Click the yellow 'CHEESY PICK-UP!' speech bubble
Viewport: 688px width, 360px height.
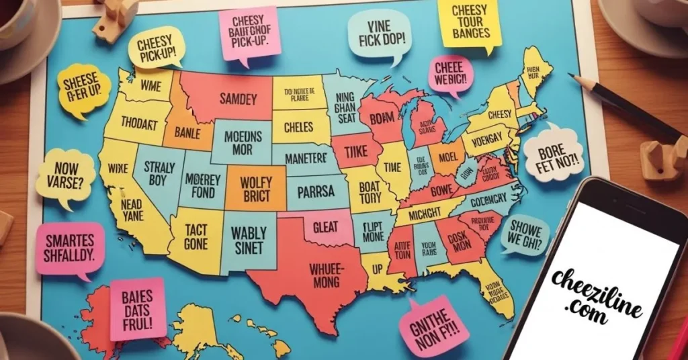pos(156,49)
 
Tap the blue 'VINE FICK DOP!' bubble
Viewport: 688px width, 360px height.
pos(379,33)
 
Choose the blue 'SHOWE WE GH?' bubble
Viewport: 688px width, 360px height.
pos(525,234)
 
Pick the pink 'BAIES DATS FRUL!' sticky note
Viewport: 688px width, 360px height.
pos(138,308)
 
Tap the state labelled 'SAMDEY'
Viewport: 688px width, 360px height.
pos(228,99)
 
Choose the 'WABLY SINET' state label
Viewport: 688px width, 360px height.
pos(249,240)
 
